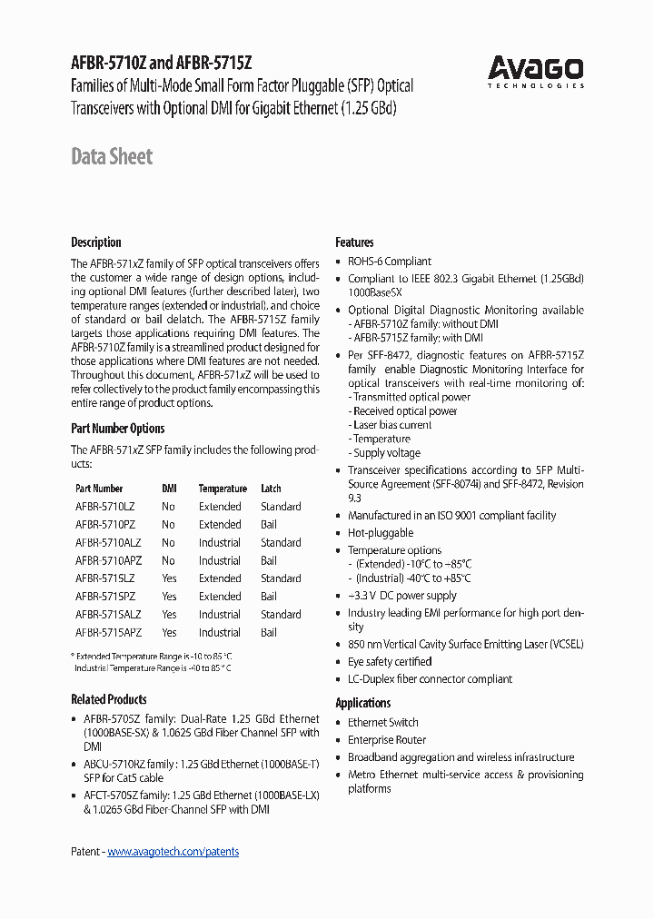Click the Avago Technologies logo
[x=535, y=71]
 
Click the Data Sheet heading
[x=112, y=156]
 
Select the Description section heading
[x=95, y=242]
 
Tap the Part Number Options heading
[x=118, y=429]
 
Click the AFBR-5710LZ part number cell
[x=105, y=507]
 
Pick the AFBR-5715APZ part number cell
[x=108, y=633]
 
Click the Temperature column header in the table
[x=223, y=489]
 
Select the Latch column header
[x=271, y=489]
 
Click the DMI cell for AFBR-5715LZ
[x=169, y=578]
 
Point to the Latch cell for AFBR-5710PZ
[x=269, y=525]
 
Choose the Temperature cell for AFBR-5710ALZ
[x=220, y=543]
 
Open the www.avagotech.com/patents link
[x=173, y=852]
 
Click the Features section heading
[x=354, y=242]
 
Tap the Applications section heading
[x=362, y=703]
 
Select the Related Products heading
[x=108, y=699]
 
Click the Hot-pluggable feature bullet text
[x=381, y=533]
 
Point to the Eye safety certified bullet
[x=390, y=662]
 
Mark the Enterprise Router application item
[x=387, y=740]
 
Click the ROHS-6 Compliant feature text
[x=390, y=262]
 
